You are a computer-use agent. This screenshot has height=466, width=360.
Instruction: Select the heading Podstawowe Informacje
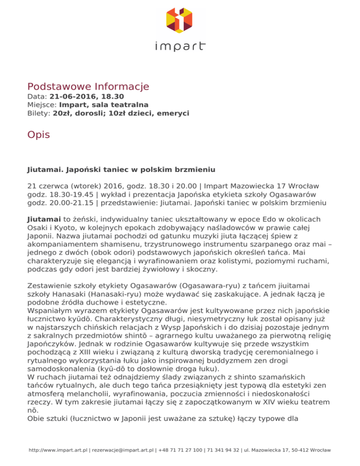pyautogui.click(x=88, y=87)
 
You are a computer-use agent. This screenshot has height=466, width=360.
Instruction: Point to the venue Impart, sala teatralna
pyautogui.click(x=104, y=105)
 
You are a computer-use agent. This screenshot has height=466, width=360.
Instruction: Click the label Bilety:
pyautogui.click(x=39, y=113)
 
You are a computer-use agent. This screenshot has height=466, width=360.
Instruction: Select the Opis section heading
pyautogui.click(x=39, y=135)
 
